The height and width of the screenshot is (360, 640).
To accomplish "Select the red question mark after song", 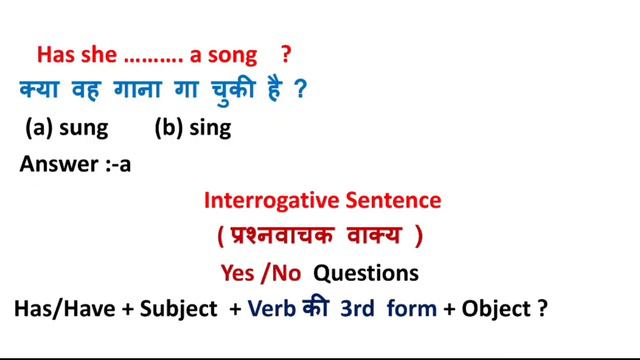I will pos(287,54).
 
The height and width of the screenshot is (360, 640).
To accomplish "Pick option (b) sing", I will pos(193,128).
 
